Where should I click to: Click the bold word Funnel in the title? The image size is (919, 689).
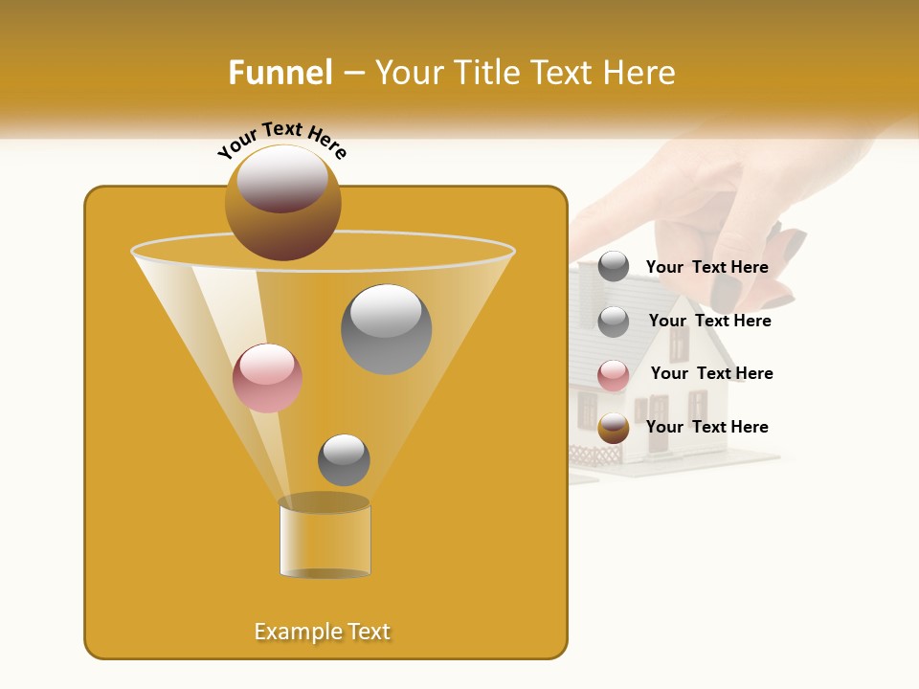point(280,73)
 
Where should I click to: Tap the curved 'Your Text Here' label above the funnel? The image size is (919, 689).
point(282,142)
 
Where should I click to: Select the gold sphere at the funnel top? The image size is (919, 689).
point(283,202)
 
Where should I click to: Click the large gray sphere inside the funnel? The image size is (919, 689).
point(387,329)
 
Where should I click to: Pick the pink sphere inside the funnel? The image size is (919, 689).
point(267,378)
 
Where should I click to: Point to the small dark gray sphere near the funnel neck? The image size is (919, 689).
point(344,459)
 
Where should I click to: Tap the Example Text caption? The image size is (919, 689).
point(322,632)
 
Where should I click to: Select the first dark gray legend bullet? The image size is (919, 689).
point(614,267)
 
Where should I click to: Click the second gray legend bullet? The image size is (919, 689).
point(614,322)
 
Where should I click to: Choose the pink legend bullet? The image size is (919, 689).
point(614,375)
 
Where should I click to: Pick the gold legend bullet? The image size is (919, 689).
point(614,428)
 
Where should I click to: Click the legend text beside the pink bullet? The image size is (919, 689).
point(711,373)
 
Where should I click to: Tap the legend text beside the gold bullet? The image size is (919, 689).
point(706,427)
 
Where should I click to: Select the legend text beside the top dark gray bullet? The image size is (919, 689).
point(706,267)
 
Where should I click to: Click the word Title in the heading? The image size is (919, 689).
point(486,73)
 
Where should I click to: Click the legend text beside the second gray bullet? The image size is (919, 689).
point(709,321)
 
